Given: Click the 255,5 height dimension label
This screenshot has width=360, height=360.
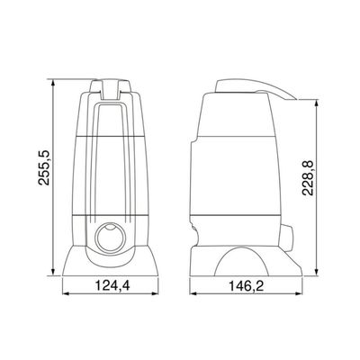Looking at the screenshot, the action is pyautogui.click(x=44, y=167).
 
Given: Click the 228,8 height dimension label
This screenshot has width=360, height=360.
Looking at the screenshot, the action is pyautogui.click(x=308, y=178).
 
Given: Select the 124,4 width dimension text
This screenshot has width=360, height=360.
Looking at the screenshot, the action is pyautogui.click(x=112, y=285).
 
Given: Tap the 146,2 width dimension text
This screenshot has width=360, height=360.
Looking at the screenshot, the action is pyautogui.click(x=247, y=286).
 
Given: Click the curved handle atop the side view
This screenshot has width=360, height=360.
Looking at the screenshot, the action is pyautogui.click(x=255, y=88).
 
